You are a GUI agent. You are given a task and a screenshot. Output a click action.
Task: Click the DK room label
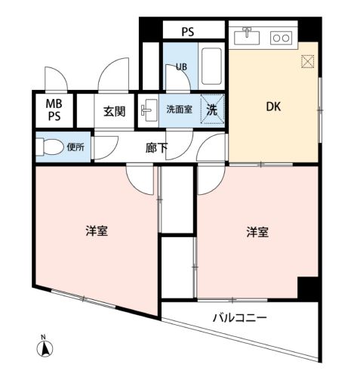(273, 107)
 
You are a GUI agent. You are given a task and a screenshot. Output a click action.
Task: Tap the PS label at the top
(188, 32)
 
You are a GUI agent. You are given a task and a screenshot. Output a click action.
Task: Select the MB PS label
(54, 110)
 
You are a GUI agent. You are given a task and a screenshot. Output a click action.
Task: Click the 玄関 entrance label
(114, 111)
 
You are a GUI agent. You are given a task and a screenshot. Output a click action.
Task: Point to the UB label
(181, 66)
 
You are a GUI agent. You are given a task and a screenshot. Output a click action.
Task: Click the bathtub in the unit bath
(211, 66)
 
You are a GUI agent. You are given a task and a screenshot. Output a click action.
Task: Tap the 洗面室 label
(179, 110)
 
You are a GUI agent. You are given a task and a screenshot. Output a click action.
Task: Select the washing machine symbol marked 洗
(212, 109)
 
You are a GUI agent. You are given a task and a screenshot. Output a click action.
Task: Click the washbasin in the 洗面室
(149, 110)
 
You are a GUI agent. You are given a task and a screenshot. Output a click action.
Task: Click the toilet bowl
(51, 147)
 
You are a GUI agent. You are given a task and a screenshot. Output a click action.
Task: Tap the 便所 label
(75, 147)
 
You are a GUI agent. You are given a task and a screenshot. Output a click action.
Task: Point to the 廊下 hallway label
(156, 148)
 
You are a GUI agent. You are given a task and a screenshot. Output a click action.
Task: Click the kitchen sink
(247, 37)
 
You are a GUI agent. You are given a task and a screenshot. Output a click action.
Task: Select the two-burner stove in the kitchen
(281, 38)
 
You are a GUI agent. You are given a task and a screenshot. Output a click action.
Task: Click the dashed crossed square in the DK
(307, 61)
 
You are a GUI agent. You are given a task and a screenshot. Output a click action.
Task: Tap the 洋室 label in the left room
(97, 231)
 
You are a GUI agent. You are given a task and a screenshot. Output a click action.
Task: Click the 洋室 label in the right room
(257, 232)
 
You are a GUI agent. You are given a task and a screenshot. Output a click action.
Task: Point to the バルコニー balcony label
(239, 318)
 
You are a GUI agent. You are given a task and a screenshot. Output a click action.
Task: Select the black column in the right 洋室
(308, 289)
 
